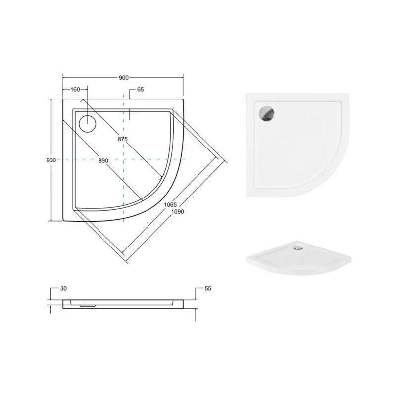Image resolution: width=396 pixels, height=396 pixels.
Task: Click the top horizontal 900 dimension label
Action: [123, 78]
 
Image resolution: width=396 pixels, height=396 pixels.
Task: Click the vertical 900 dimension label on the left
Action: [51, 160]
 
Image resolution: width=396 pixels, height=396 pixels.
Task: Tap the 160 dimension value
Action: [75, 89]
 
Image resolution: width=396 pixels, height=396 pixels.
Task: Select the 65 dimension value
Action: [141, 89]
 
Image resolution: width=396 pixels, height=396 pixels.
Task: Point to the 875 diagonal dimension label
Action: [123, 139]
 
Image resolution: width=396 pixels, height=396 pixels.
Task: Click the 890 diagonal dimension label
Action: [103, 160]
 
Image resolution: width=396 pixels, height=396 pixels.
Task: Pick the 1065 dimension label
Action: [170, 205]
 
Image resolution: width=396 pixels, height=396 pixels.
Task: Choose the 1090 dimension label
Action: [178, 212]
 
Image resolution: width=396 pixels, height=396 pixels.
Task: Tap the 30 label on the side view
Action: [64, 288]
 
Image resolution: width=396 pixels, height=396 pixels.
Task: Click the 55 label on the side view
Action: [208, 288]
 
